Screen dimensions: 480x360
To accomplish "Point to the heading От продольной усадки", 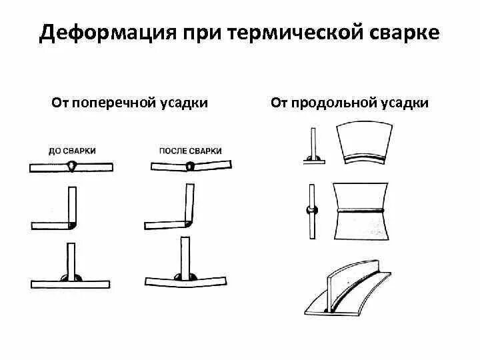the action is [350, 103].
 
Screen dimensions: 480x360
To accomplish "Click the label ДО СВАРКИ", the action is [72, 151].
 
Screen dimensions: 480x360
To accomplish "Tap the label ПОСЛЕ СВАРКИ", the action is [191, 151].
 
